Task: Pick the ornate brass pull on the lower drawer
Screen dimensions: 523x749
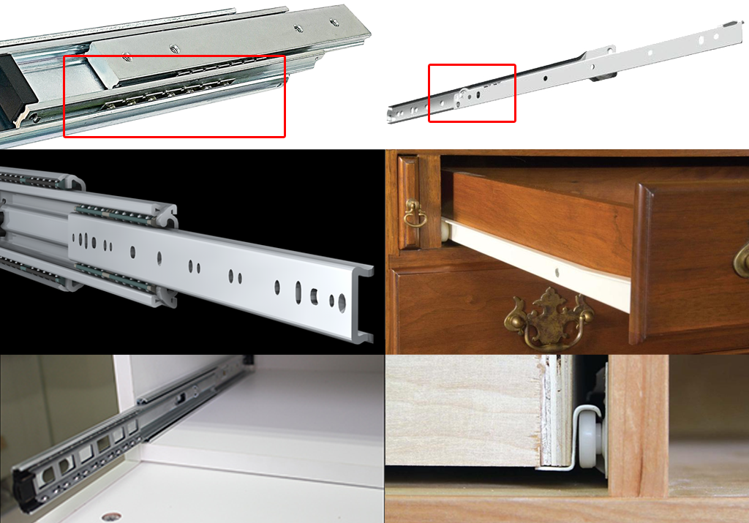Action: coord(549,319)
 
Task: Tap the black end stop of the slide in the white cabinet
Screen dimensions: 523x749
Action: coord(26,490)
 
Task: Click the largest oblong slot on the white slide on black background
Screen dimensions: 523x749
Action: coord(298,292)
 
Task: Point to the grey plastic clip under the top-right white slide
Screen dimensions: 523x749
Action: coord(601,75)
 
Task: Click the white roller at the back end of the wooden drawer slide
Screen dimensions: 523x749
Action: coord(445,232)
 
